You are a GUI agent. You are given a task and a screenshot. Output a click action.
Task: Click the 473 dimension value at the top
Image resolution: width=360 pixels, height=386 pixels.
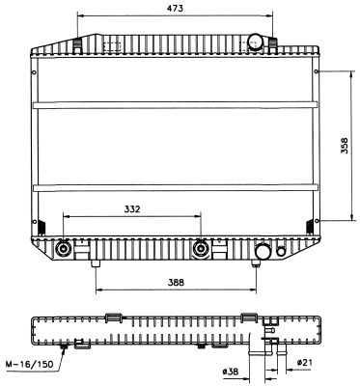175,8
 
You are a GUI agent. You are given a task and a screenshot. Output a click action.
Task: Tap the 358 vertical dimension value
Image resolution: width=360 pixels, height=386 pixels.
345,146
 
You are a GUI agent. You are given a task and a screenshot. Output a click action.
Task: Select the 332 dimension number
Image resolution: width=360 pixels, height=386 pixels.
132,209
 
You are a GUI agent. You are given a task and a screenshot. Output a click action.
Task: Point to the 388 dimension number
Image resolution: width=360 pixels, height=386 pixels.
176,283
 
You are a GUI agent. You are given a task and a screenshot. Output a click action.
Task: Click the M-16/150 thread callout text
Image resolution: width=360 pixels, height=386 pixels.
29,364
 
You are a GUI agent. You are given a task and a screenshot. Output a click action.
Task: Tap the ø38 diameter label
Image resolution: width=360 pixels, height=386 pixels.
231,372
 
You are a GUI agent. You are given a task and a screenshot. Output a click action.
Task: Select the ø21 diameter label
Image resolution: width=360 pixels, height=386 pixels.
304,363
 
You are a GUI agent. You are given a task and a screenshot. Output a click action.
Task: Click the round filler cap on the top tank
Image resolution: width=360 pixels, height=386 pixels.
255,42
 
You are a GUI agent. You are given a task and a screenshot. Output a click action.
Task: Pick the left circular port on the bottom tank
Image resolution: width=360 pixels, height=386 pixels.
63,249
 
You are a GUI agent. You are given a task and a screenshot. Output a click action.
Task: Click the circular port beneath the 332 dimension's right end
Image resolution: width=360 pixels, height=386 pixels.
201,249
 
